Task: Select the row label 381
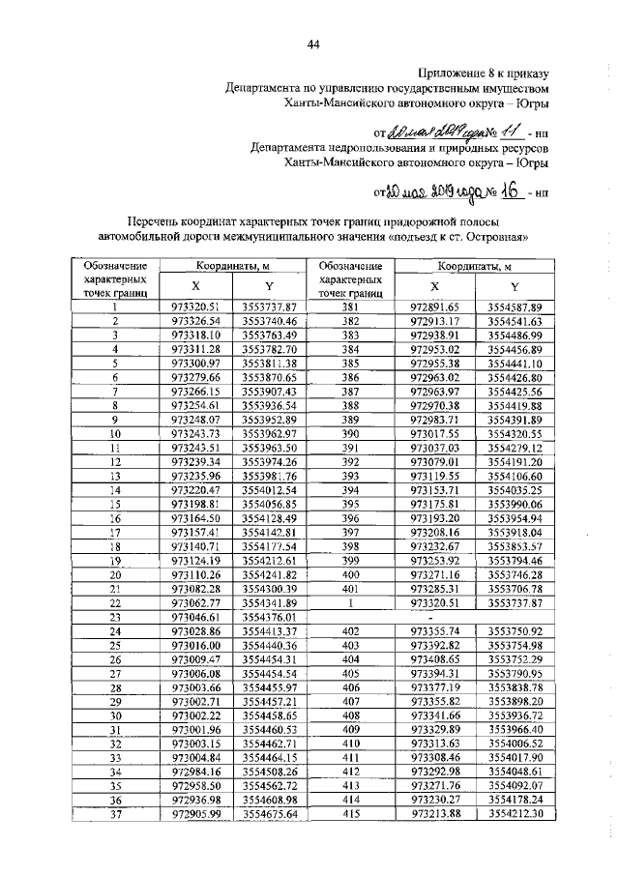pyautogui.click(x=350, y=306)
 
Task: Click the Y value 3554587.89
pyautogui.click(x=515, y=306)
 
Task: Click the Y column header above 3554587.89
pyautogui.click(x=515, y=286)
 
